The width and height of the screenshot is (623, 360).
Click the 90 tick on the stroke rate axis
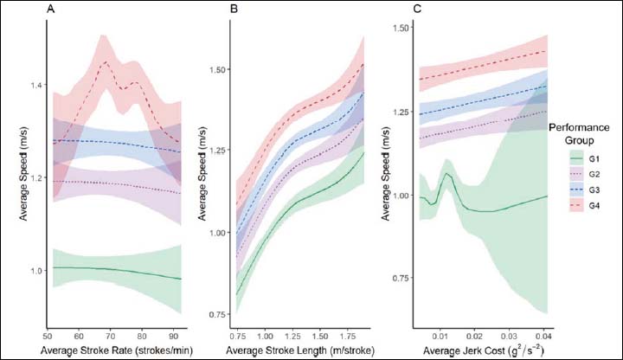174,333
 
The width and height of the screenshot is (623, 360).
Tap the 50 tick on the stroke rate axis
45,333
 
